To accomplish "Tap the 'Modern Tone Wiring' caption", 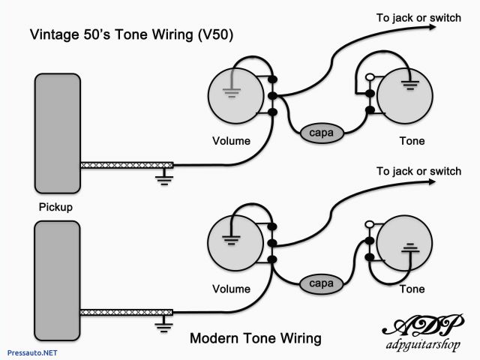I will tap(256, 338).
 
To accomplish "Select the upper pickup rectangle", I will tap(57, 133).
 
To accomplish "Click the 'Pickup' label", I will tap(57, 206).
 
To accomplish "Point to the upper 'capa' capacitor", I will tap(322, 133).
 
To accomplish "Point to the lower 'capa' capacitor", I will tap(322, 284).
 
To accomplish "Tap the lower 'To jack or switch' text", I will tap(419, 171).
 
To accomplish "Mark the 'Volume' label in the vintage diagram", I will tap(231, 141).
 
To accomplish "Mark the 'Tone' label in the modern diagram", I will tap(412, 289).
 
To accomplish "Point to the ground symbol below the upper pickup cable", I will tap(163, 178).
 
